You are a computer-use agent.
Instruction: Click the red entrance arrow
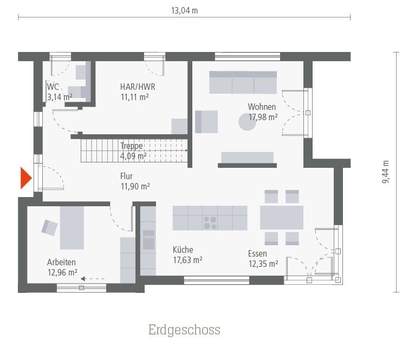[x=25, y=178]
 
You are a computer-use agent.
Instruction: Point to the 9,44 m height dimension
[x=386, y=172]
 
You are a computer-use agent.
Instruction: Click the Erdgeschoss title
[x=184, y=330]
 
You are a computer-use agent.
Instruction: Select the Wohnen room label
[x=262, y=107]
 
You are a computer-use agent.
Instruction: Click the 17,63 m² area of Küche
[x=187, y=260]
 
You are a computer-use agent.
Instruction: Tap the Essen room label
[x=257, y=253]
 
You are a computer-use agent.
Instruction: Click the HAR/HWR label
[x=134, y=86]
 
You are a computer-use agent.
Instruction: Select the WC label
[x=53, y=87]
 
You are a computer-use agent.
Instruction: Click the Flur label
[x=126, y=176]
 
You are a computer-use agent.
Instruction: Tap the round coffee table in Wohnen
[x=248, y=122]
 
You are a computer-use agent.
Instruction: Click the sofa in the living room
[x=243, y=82]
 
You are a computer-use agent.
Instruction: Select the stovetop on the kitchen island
[x=210, y=222]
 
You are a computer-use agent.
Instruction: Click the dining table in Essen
[x=281, y=218]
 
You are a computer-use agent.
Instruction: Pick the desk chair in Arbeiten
[x=50, y=228]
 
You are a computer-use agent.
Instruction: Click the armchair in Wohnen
[x=206, y=121]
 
